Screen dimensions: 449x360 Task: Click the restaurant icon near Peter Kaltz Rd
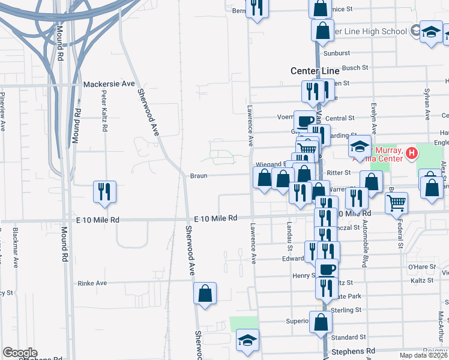point(105,192)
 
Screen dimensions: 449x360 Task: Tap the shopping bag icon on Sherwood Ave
point(205,293)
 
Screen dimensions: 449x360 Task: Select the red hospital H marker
point(411,154)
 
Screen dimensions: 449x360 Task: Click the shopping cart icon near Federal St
point(397,203)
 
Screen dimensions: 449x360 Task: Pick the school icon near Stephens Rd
point(247,340)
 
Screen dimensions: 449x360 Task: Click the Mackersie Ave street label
point(109,84)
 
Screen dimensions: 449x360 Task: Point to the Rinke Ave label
point(92,283)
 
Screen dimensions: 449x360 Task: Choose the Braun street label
point(198,176)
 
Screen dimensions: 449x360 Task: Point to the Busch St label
point(354,68)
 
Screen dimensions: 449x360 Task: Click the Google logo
point(20,353)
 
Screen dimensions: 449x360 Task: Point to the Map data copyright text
point(424,355)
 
